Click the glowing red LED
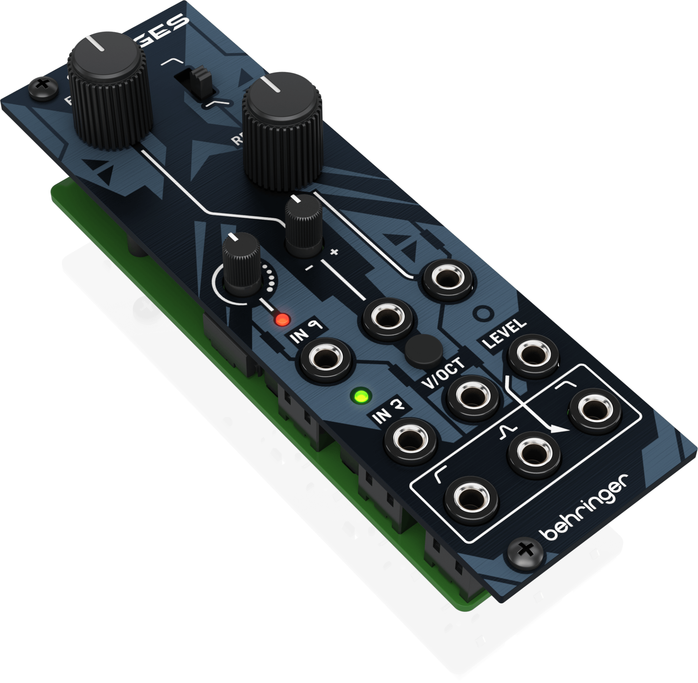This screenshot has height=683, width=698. [x=282, y=320]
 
